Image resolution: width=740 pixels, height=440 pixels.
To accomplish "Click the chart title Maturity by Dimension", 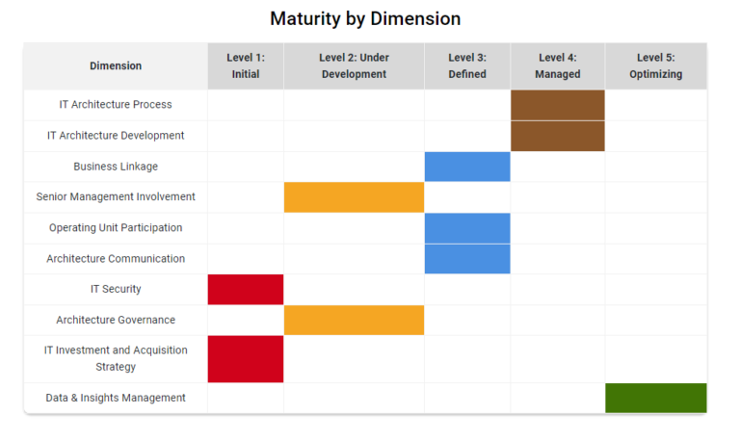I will tap(365, 18).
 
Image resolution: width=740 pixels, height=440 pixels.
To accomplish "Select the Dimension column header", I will tap(116, 66).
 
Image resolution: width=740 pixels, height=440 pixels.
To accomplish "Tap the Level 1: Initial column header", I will tap(246, 66).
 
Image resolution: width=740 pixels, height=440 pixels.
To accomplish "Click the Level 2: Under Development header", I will tap(354, 66).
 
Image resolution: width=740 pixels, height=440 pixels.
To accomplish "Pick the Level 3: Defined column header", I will tap(467, 66).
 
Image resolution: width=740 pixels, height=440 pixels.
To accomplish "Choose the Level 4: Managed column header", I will tap(558, 66).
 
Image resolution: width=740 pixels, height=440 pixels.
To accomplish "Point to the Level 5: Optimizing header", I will tap(656, 66).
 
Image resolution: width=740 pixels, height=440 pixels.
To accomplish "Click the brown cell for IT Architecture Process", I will tap(558, 105).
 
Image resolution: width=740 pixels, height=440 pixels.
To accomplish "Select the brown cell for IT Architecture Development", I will tap(558, 136).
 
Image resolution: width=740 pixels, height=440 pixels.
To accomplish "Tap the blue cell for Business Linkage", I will tap(467, 167).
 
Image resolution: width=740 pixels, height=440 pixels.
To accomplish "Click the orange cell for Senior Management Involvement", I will tap(354, 197).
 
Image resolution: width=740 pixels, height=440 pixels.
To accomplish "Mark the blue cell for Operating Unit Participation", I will tap(467, 228).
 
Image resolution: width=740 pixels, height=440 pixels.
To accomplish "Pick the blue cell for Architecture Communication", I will tap(467, 259).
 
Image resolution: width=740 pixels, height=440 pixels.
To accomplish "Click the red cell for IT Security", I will tap(246, 290).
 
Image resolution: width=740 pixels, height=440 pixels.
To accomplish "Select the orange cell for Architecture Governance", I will tap(354, 321).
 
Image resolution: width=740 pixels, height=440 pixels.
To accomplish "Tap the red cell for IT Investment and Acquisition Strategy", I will tap(246, 359).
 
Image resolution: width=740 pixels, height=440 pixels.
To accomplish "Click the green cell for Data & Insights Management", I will tap(656, 398).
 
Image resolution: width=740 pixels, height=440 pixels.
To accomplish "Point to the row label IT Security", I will tap(116, 290).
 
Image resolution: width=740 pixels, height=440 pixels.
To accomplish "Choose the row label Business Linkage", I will tap(116, 167).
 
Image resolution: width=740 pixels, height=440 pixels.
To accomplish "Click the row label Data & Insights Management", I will tap(116, 398).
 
